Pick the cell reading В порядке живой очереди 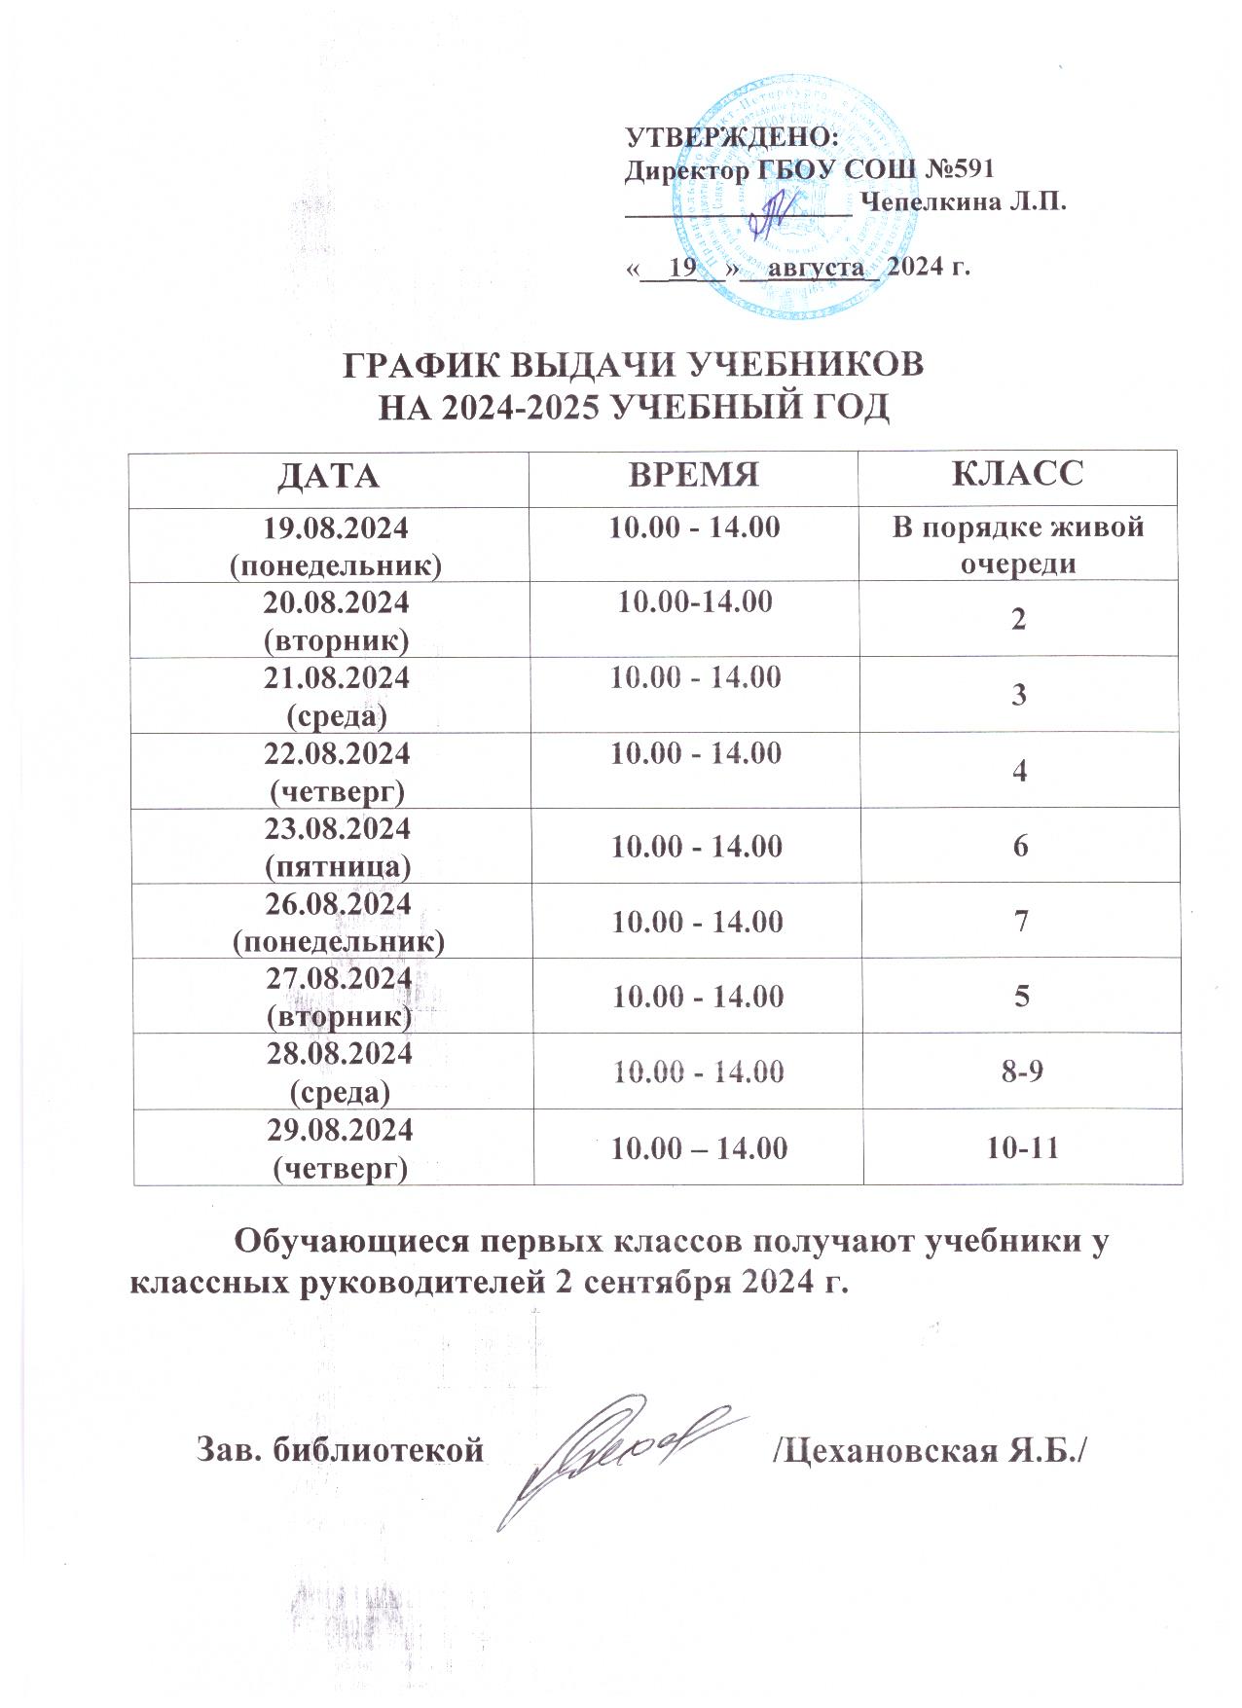click(1017, 544)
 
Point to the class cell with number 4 click(1019, 770)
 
